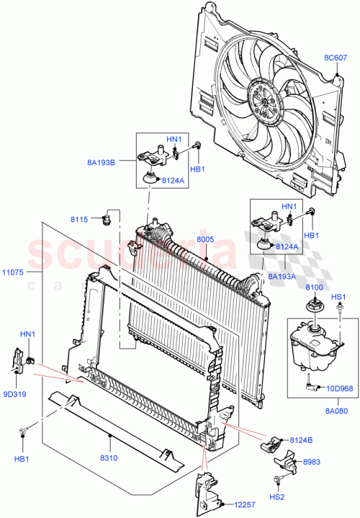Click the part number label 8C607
[336, 58]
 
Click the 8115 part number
[79, 218]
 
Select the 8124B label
[314, 439]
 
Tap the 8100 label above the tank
[313, 287]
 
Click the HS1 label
[338, 296]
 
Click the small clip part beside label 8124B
[274, 445]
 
